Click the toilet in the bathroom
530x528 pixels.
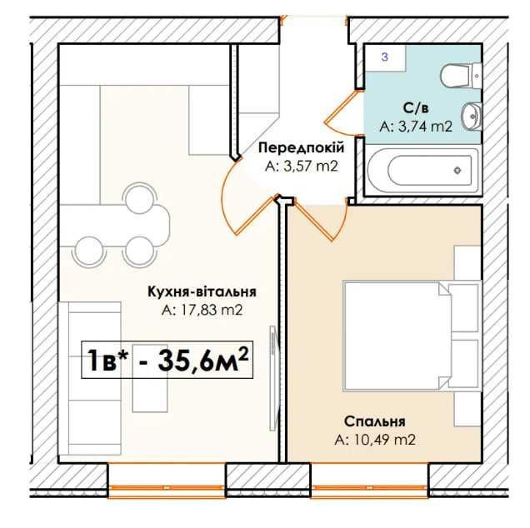tap(461, 76)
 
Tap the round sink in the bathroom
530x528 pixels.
tap(472, 116)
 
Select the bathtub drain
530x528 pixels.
tap(457, 170)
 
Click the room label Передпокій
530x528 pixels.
tap(301, 148)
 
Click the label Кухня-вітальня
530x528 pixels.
tap(202, 291)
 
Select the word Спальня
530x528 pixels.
tap(374, 421)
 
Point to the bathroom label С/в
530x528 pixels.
tap(416, 108)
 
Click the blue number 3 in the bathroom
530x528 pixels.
tap(385, 57)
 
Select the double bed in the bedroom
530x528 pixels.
tap(412, 336)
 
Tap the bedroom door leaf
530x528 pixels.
tap(312, 221)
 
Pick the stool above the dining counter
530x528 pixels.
tap(140, 198)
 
